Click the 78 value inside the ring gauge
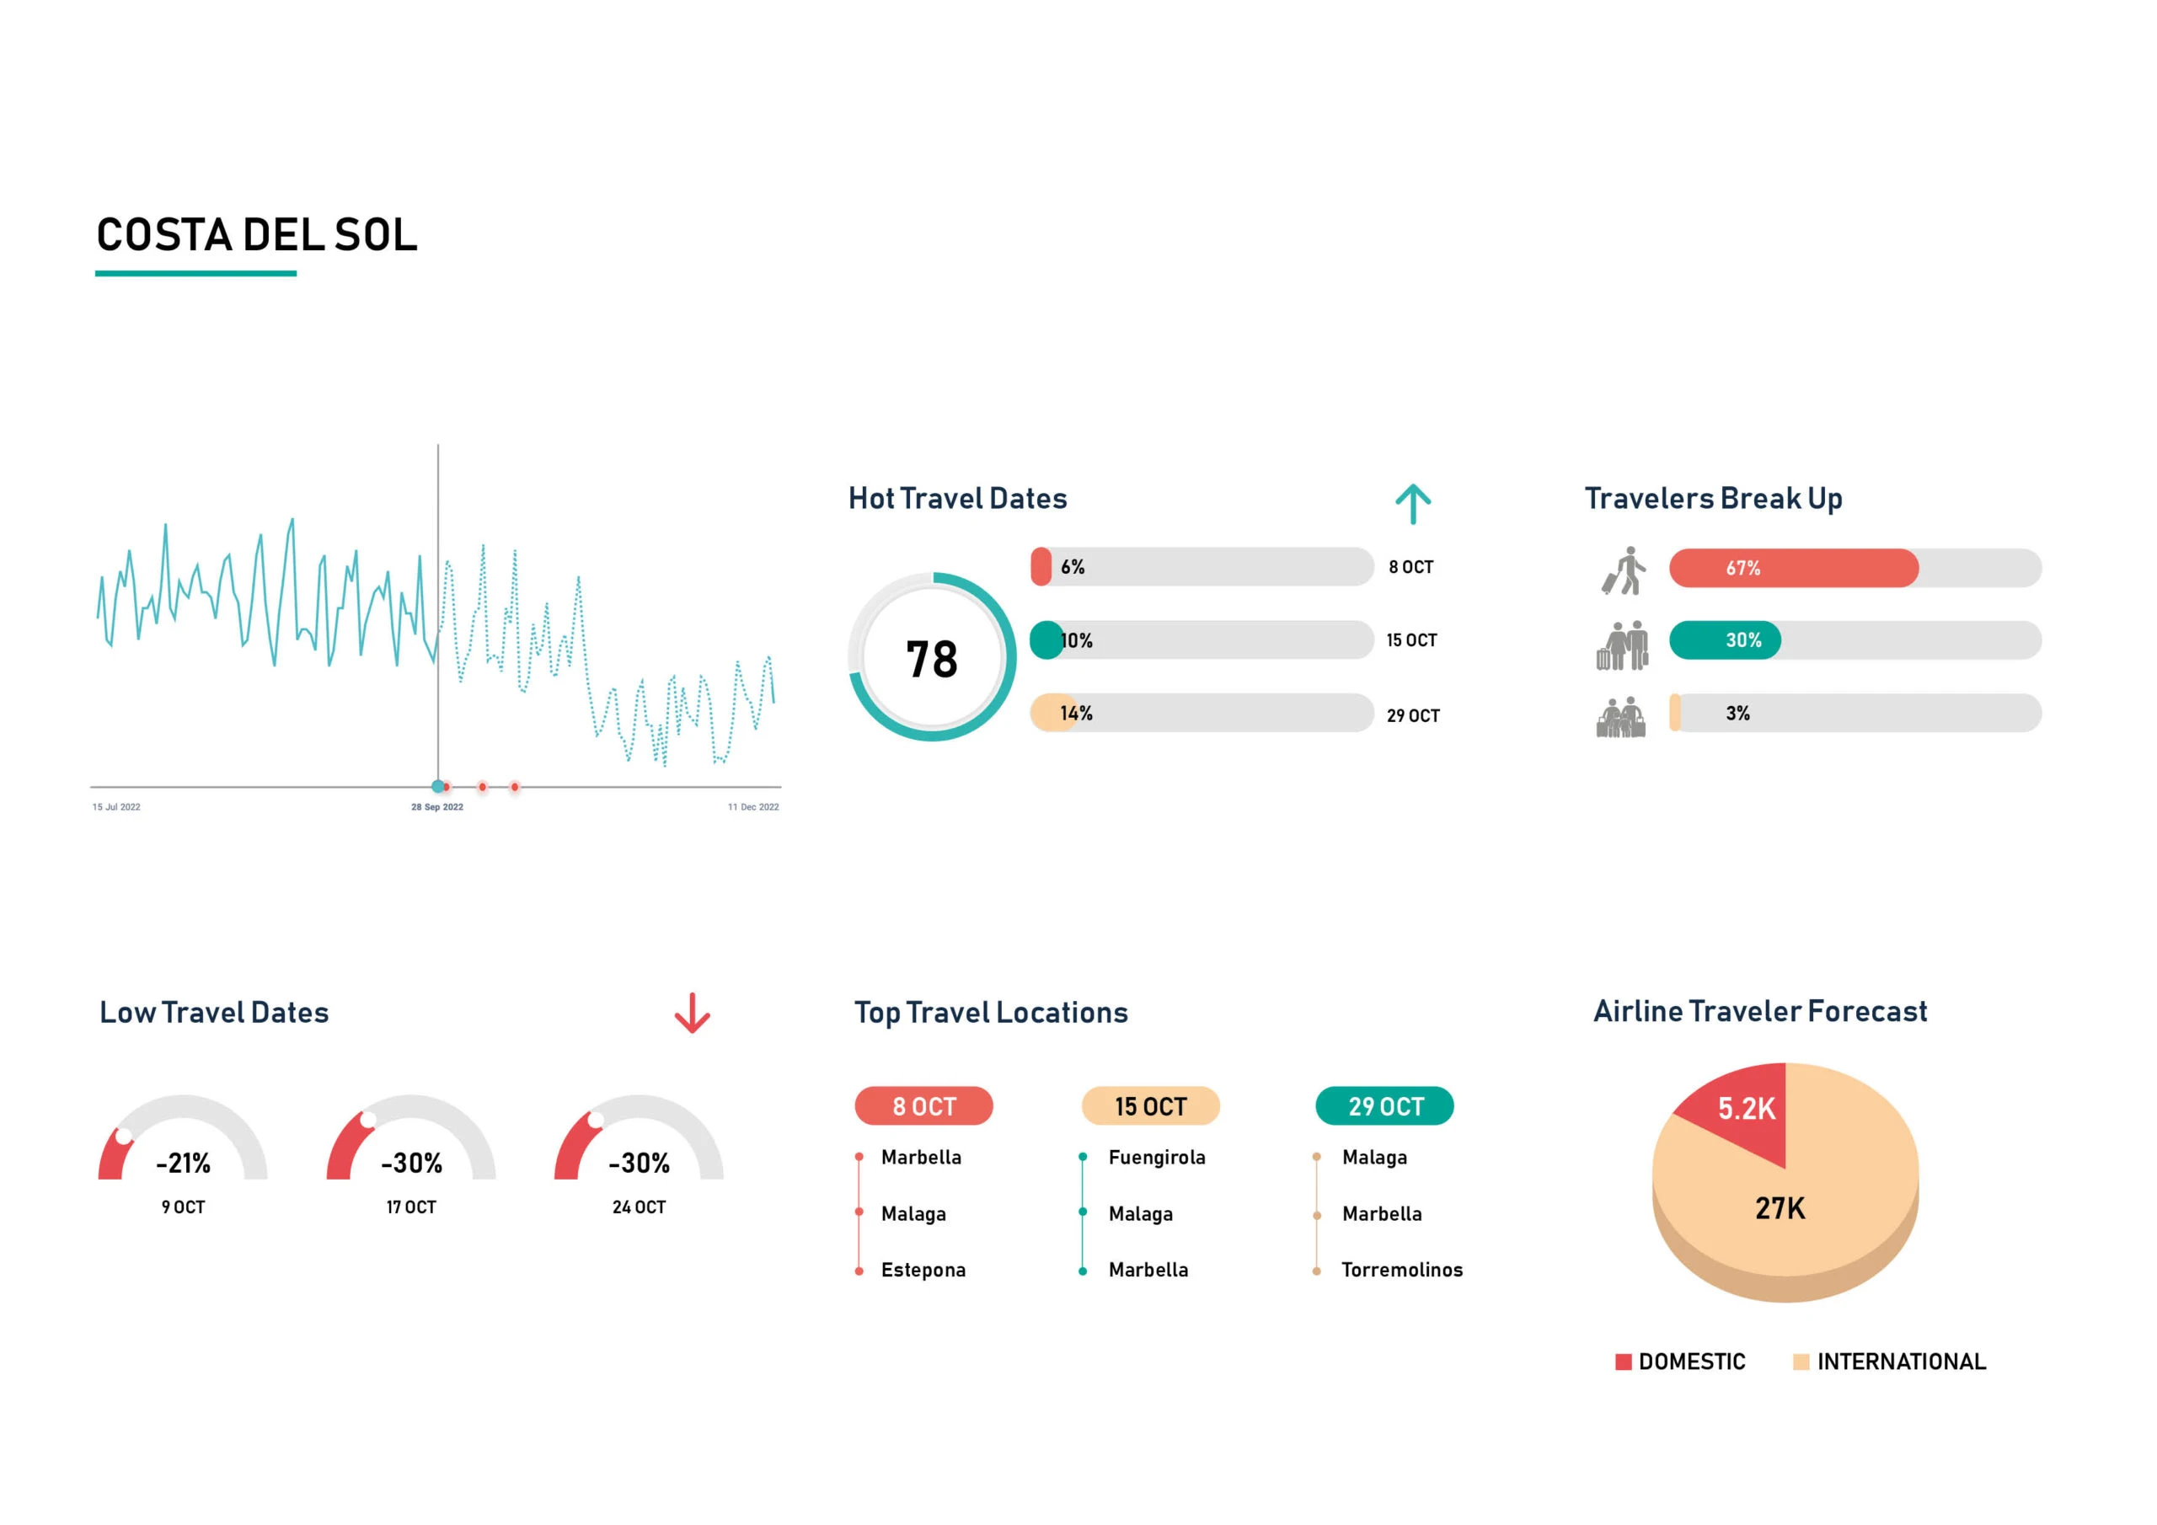[931, 659]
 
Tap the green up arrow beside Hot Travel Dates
[1412, 504]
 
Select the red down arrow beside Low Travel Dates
[693, 1013]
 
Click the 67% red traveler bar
[1792, 569]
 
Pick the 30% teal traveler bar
[1724, 639]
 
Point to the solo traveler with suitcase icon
[1624, 570]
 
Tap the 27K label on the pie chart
[1780, 1208]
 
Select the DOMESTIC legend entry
[1681, 1362]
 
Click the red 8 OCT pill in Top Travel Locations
[923, 1106]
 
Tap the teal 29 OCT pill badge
[1384, 1106]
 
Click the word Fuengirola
[1157, 1158]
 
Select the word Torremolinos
[1402, 1271]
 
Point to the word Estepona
[923, 1271]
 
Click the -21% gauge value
[183, 1164]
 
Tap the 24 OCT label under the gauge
[639, 1207]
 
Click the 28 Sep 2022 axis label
[436, 807]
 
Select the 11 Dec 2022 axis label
[752, 807]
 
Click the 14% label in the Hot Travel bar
[1076, 713]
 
